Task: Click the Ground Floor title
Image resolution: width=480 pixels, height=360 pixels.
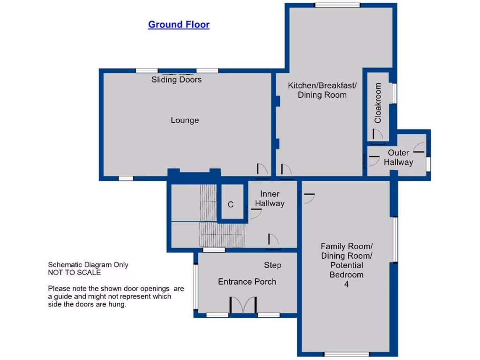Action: click(x=179, y=24)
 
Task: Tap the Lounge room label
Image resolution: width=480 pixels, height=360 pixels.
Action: click(x=185, y=120)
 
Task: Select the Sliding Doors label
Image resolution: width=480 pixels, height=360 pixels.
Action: click(x=176, y=80)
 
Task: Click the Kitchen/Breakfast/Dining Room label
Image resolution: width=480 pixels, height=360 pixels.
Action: click(x=322, y=90)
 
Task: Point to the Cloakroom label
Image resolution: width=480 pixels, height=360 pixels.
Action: click(x=378, y=103)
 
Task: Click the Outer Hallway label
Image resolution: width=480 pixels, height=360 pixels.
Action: click(x=398, y=157)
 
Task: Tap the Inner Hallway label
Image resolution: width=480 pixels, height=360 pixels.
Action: click(x=270, y=199)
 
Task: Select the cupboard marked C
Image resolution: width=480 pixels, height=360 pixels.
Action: click(x=231, y=204)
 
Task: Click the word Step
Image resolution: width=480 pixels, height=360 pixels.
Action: click(x=272, y=265)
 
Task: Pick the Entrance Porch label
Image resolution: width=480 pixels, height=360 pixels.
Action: click(x=247, y=282)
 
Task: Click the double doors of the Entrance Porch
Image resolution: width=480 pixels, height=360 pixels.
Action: click(x=243, y=305)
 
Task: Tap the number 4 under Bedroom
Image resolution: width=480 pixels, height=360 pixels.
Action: click(x=346, y=284)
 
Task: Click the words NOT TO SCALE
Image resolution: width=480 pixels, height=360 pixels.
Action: click(x=74, y=272)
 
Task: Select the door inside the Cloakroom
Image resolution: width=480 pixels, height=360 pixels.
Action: click(x=377, y=135)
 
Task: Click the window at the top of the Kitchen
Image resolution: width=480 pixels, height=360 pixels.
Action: click(x=337, y=5)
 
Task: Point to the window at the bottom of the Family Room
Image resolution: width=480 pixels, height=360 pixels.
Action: click(x=346, y=354)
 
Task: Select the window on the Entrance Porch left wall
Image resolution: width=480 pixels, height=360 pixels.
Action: click(x=195, y=286)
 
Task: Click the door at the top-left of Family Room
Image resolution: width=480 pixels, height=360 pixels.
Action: click(x=307, y=198)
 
